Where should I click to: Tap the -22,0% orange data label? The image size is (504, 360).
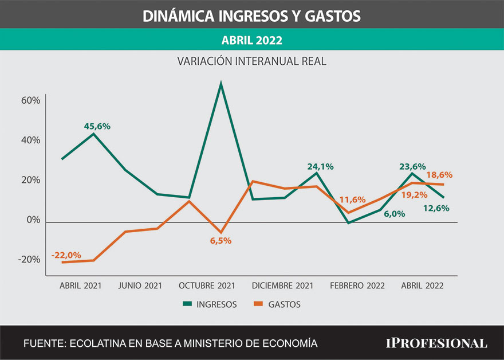click(x=66, y=255)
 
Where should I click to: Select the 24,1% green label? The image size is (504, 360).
click(x=320, y=167)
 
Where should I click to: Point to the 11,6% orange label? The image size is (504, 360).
click(x=352, y=199)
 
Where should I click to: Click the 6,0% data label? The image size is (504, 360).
click(x=395, y=214)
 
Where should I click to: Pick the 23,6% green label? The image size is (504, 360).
click(x=412, y=167)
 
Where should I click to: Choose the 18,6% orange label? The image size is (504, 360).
click(x=440, y=174)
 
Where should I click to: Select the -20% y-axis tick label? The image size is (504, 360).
click(x=29, y=260)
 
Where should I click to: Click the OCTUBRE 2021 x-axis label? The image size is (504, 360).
click(x=207, y=285)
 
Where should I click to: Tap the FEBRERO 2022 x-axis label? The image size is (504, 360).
click(x=357, y=285)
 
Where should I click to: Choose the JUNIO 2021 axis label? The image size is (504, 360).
click(x=140, y=285)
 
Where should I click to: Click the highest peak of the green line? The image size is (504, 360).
click(x=220, y=84)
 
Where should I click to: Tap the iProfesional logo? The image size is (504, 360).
click(x=436, y=343)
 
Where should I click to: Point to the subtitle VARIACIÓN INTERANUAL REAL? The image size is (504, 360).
click(x=251, y=61)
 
